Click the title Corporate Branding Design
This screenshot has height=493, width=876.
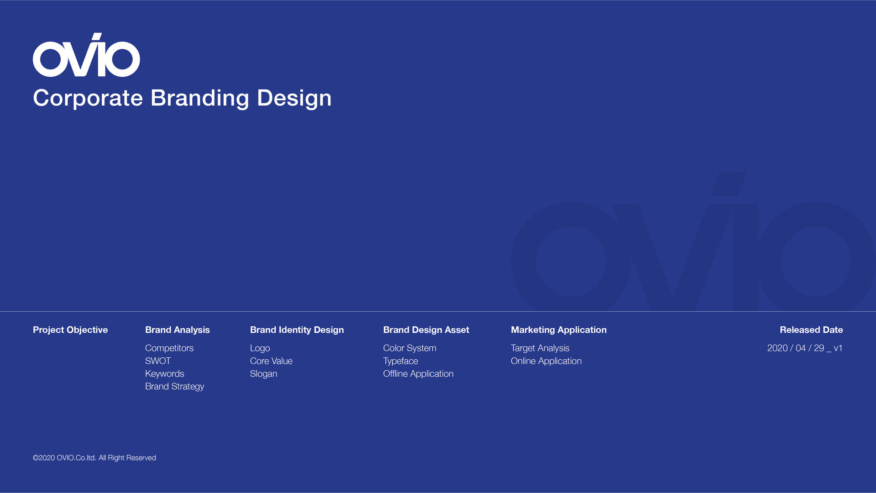(182, 98)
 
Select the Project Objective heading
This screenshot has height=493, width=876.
(70, 330)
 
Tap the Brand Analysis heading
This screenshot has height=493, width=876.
(178, 330)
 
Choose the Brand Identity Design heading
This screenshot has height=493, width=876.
(297, 330)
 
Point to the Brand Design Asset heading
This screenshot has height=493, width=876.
(426, 330)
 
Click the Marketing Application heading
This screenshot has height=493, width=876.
(559, 330)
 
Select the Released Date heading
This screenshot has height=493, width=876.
(811, 330)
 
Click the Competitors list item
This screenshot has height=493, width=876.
(169, 348)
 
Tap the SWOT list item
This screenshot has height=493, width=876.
(158, 361)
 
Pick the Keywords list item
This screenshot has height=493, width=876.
(165, 374)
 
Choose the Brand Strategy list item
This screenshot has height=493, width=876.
(174, 387)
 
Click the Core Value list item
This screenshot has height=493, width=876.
(271, 361)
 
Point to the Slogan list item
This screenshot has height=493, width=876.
(263, 374)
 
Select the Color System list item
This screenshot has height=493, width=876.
(409, 348)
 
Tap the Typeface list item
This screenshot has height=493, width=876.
(400, 361)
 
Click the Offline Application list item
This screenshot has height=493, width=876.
(418, 374)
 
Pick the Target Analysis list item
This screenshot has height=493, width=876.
(540, 348)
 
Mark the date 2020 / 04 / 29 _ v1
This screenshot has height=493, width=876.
(805, 348)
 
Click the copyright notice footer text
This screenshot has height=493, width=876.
(94, 458)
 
